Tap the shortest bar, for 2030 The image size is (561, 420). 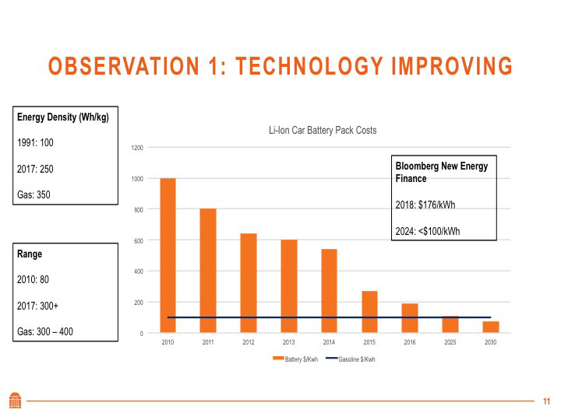490,327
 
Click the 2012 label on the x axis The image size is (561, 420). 249,342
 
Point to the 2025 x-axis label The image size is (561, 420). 450,342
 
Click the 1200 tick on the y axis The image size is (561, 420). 136,148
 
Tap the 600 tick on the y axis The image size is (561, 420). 138,240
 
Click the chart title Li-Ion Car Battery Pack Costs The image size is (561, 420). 323,131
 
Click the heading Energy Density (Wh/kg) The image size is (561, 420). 62,117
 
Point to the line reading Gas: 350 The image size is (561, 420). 34,194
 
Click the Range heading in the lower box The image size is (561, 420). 30,254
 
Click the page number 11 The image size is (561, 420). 546,401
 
